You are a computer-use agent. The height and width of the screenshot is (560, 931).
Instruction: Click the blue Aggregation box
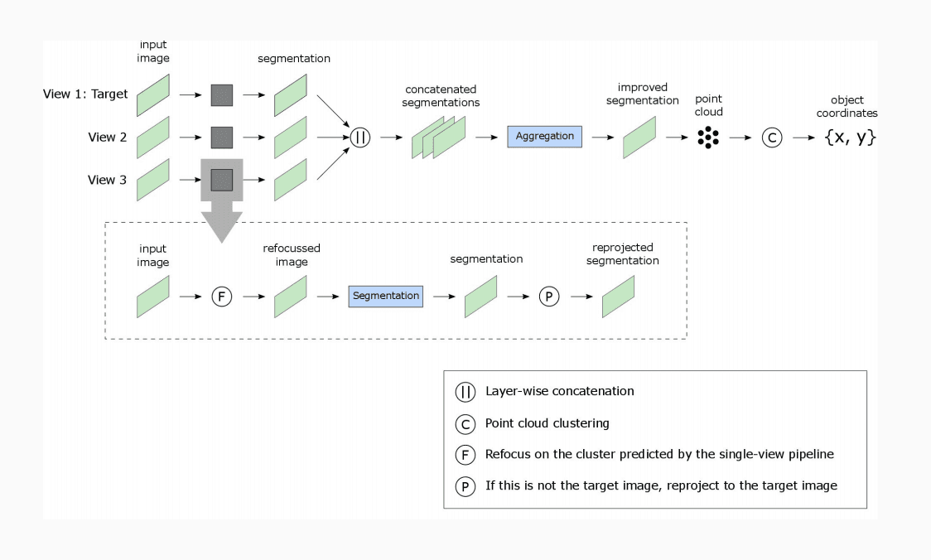pyautogui.click(x=544, y=137)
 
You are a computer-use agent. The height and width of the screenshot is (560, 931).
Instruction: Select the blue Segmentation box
pyautogui.click(x=385, y=296)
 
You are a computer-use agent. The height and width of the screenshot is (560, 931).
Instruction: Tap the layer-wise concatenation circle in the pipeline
pyautogui.click(x=360, y=138)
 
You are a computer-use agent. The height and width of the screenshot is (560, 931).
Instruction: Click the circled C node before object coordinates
pyautogui.click(x=772, y=138)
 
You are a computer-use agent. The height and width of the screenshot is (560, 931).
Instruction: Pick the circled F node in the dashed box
pyautogui.click(x=222, y=296)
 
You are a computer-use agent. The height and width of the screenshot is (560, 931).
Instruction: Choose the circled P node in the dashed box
pyautogui.click(x=549, y=296)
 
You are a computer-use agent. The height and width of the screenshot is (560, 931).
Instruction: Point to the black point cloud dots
pyautogui.click(x=707, y=138)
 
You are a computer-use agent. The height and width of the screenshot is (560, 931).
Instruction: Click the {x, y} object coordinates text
pyautogui.click(x=850, y=138)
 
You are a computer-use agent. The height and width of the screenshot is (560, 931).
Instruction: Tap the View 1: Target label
pyautogui.click(x=85, y=94)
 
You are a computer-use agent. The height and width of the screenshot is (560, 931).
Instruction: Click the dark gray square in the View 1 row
pyautogui.click(x=222, y=94)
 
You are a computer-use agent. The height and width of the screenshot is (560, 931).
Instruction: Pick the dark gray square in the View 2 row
pyautogui.click(x=222, y=138)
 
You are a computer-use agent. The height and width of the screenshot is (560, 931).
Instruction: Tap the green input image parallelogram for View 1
pyautogui.click(x=152, y=94)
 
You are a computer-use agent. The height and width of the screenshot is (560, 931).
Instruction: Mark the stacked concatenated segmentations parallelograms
pyautogui.click(x=438, y=138)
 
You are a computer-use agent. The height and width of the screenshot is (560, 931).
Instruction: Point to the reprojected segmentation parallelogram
pyautogui.click(x=618, y=296)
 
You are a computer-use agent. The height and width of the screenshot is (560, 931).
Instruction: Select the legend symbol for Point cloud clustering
pyautogui.click(x=465, y=424)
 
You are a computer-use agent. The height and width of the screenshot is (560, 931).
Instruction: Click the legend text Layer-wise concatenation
pyautogui.click(x=560, y=391)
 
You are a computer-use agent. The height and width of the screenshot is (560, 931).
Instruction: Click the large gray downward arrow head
pyautogui.click(x=222, y=225)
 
